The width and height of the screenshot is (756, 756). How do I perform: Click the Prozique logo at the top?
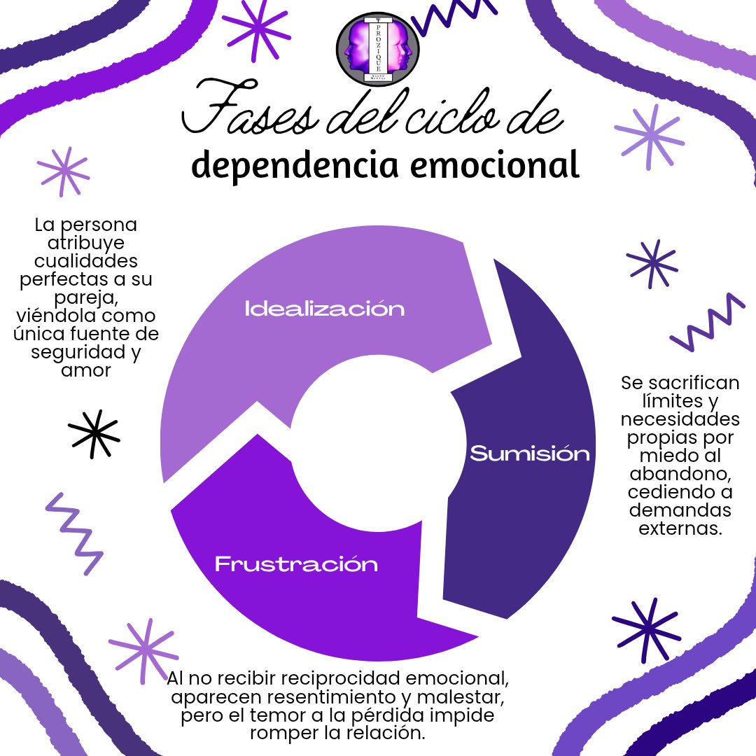[x=377, y=49]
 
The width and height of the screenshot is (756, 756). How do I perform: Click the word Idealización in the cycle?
[x=325, y=309]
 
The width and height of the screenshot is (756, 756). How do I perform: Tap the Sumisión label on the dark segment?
[x=530, y=454]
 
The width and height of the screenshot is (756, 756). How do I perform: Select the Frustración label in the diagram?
[x=296, y=564]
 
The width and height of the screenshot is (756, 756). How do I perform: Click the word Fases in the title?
[x=250, y=108]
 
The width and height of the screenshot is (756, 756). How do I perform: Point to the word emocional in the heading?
[x=495, y=165]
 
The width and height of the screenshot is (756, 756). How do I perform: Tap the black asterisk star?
[x=94, y=434]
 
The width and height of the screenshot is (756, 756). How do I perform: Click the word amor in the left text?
[x=86, y=371]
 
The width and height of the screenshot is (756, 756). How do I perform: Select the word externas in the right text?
[x=680, y=528]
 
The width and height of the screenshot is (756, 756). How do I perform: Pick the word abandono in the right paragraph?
[x=680, y=474]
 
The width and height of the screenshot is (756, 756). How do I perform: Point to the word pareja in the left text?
[x=86, y=298]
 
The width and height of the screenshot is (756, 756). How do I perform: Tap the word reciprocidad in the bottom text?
[x=340, y=679]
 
